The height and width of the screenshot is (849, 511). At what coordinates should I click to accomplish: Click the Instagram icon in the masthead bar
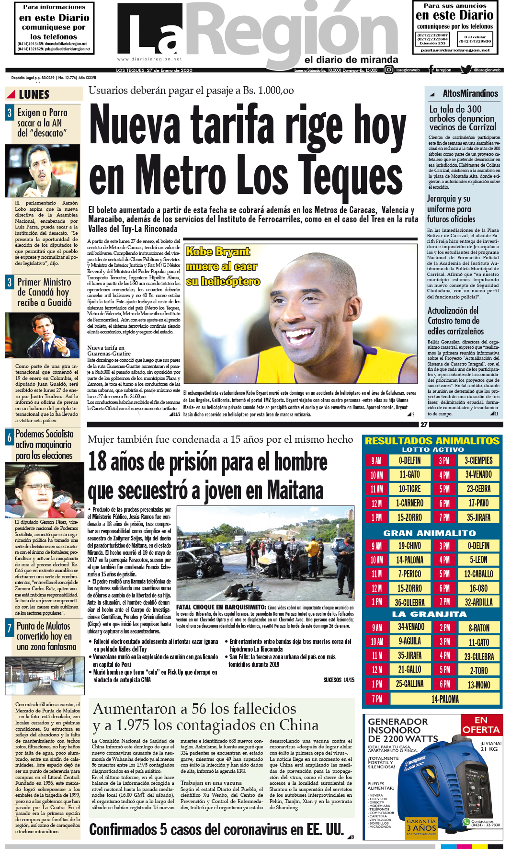(389, 70)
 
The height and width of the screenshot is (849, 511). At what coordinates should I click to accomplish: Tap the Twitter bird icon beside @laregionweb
(466, 70)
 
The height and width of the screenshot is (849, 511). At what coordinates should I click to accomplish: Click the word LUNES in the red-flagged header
(34, 94)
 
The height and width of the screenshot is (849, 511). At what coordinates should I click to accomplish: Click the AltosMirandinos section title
(470, 93)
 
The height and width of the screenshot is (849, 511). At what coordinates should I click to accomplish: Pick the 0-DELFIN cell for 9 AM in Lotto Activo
(410, 460)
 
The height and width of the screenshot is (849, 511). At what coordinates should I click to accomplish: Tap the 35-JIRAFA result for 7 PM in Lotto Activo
(478, 517)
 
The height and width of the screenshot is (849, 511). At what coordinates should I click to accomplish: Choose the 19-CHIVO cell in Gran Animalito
(410, 546)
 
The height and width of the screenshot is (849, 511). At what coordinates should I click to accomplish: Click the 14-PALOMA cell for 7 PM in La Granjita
(445, 699)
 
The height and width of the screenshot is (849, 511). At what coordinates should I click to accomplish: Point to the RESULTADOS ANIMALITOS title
(432, 441)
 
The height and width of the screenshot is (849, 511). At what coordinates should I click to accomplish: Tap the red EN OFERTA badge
(481, 725)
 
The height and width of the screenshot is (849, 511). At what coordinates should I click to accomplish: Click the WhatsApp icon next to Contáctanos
(466, 821)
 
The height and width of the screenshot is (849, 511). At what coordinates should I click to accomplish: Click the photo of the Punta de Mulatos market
(45, 676)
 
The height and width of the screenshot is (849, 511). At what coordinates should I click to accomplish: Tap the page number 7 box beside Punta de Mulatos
(9, 628)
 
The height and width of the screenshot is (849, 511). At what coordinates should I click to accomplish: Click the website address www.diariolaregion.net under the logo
(149, 59)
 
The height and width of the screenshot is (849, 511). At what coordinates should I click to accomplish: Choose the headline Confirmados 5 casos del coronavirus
(216, 830)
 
